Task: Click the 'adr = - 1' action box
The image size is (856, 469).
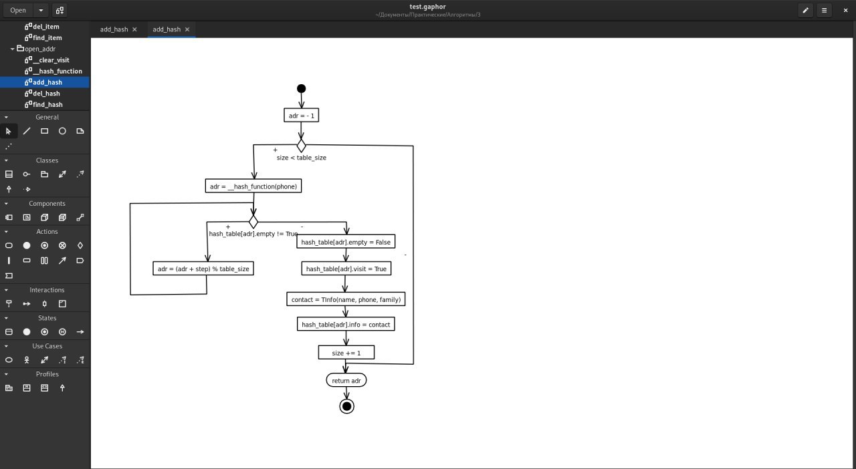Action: (x=301, y=116)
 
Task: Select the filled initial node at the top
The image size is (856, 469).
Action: (x=301, y=89)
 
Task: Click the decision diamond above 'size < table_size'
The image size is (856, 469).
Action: (x=301, y=146)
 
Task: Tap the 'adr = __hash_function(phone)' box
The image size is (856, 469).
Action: (x=253, y=186)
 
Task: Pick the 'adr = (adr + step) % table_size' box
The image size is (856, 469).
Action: (x=203, y=269)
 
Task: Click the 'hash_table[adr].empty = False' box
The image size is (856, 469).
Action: (x=346, y=242)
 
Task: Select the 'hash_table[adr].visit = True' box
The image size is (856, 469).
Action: (x=346, y=269)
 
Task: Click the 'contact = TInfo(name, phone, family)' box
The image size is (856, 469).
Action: (x=346, y=299)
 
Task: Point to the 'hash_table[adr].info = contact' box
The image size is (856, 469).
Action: (x=346, y=324)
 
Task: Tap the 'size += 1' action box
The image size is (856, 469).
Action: (x=346, y=353)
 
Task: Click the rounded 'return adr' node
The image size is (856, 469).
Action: (x=346, y=380)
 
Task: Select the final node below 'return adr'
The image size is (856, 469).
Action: (x=346, y=406)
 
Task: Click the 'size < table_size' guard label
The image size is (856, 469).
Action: (x=302, y=158)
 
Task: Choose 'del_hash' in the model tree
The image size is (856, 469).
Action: (x=46, y=93)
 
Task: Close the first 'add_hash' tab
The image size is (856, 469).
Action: (x=134, y=29)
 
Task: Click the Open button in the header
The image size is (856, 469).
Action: (x=18, y=10)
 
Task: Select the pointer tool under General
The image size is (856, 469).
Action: (x=9, y=132)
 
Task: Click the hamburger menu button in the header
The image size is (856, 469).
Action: (x=825, y=10)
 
